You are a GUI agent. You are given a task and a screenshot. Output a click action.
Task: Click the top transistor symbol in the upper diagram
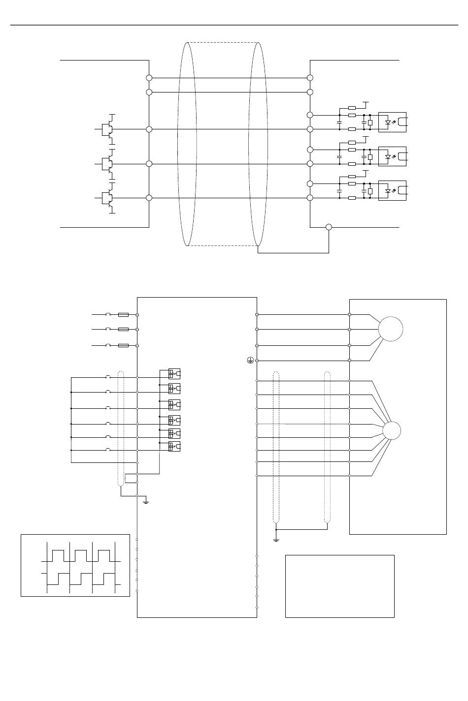pos(107,129)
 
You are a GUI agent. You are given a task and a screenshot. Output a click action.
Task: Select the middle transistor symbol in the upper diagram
pos(107,163)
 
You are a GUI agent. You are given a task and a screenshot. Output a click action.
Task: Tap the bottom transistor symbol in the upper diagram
pos(107,198)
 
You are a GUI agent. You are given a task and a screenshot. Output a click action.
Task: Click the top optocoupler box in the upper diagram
pos(392,122)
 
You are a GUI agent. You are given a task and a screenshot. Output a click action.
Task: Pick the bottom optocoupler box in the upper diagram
pos(392,190)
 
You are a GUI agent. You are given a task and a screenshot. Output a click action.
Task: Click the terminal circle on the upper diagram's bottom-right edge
pos(329,227)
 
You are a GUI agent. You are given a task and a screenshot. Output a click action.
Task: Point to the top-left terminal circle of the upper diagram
pos(149,78)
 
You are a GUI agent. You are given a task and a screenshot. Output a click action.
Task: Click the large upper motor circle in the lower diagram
pos(391,329)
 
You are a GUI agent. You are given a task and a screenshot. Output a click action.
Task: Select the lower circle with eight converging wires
pos(392,431)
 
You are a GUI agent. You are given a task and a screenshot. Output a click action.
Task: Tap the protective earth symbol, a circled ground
pos(250,361)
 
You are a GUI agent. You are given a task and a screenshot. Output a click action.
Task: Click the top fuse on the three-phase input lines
pos(124,314)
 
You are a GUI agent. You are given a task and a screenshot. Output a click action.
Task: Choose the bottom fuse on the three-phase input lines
pos(124,346)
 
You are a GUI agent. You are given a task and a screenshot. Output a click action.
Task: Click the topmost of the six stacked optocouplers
pos(174,373)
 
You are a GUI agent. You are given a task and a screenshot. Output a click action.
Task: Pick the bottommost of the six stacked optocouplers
pos(174,447)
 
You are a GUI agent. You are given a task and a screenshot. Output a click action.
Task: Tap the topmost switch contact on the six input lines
pos(108,377)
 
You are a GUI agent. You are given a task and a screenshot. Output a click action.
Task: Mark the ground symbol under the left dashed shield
pos(146,501)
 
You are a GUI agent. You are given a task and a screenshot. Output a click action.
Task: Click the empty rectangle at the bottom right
pos(340,586)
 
